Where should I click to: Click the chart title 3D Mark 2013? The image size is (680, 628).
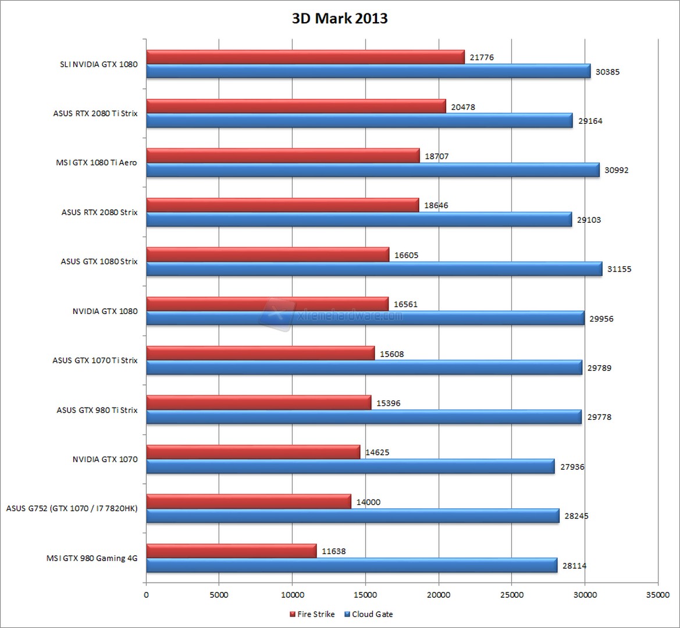coord(340,19)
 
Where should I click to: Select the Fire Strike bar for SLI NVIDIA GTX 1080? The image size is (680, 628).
coord(305,56)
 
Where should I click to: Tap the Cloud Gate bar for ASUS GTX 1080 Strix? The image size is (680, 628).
coord(374,269)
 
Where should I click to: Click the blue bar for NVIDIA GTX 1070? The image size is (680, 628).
coord(350,466)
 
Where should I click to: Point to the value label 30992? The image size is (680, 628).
coord(617,170)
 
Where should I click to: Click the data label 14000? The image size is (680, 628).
coord(369,502)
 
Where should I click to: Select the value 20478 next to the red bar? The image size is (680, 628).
coord(463,107)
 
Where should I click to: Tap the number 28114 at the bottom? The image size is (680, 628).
coord(574,565)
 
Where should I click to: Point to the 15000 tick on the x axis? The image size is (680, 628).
coord(365,594)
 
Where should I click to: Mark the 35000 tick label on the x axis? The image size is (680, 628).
coord(657,594)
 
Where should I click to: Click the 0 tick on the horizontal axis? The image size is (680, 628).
coord(146,594)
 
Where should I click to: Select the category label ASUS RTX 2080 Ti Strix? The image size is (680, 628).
coord(95,113)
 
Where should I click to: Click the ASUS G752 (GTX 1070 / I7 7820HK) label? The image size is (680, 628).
coord(72,509)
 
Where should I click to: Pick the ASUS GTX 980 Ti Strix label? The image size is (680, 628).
coord(97,410)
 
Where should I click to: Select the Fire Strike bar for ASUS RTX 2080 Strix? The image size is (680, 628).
coord(282,205)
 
